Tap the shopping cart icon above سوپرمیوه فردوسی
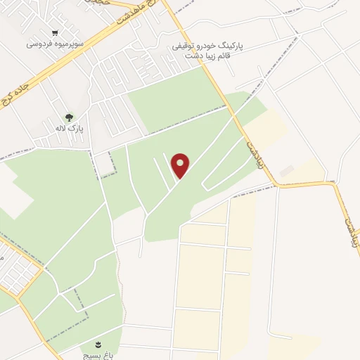tap(55, 32)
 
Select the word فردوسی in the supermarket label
tap(39, 44)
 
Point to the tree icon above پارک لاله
tap(68, 117)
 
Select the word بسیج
tap(94, 355)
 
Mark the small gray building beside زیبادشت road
tap(286, 171)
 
